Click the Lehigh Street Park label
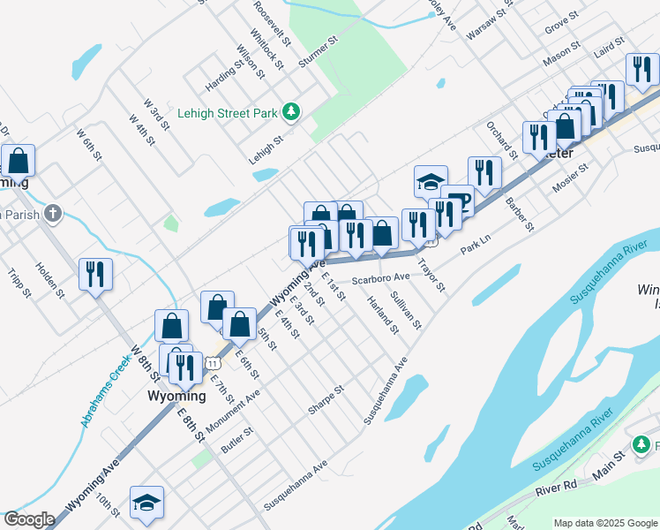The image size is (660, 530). (227, 113)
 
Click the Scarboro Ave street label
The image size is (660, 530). (382, 279)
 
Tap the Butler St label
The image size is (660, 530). (237, 441)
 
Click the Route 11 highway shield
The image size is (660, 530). (213, 363)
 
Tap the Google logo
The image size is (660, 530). (28, 519)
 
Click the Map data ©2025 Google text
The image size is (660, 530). (605, 523)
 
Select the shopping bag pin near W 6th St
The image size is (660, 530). (18, 161)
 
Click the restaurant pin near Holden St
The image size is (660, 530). (95, 274)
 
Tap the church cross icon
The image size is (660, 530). (53, 213)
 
